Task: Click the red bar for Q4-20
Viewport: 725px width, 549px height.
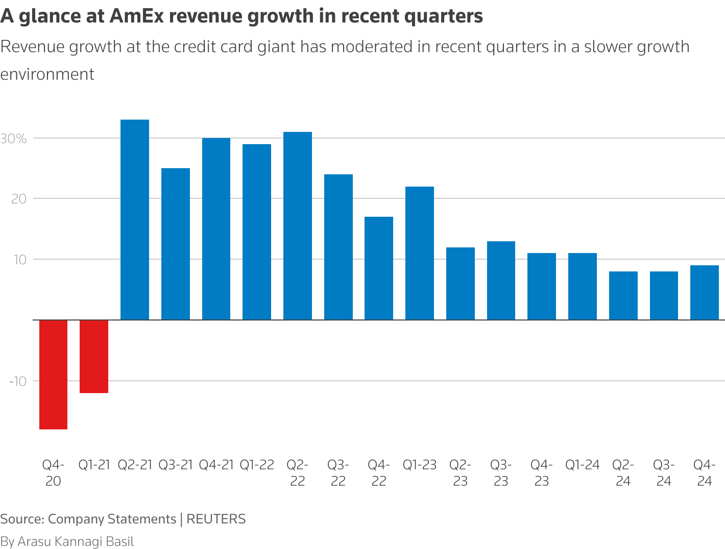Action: [53, 374]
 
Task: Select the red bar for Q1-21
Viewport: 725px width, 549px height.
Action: [94, 356]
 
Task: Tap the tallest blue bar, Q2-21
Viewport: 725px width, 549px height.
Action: [135, 220]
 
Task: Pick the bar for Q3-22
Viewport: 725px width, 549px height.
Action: [338, 247]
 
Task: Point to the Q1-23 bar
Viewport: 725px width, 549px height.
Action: [420, 253]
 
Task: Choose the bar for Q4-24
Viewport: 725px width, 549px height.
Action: [705, 292]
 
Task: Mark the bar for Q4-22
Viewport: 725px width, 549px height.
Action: [379, 268]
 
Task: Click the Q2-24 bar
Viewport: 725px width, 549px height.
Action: [623, 295]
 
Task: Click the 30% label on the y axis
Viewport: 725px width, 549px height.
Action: [13, 139]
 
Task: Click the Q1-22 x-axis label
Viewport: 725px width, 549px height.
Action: [257, 465]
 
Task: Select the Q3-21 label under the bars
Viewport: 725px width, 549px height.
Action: [176, 465]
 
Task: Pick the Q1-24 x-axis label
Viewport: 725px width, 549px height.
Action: [582, 465]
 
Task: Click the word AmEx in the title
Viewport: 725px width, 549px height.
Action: [136, 16]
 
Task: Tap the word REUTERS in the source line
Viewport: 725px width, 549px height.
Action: [216, 519]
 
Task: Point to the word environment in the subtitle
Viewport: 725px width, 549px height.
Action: [47, 74]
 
